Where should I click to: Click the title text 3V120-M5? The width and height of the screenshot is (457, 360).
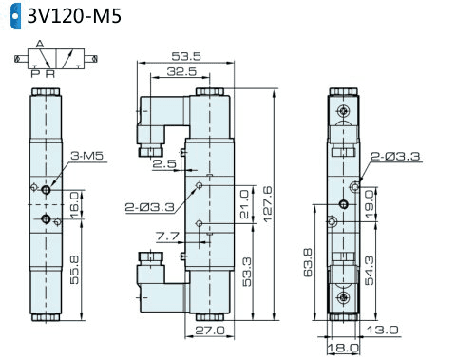tap(74, 16)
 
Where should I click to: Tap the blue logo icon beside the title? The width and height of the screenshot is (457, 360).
tap(15, 16)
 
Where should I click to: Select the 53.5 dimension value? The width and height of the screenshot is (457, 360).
tap(186, 56)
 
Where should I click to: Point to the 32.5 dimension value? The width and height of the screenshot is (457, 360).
tap(181, 71)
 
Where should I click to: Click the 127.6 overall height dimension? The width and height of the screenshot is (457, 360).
tap(268, 204)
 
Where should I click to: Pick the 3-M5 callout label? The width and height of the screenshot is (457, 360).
tap(87, 156)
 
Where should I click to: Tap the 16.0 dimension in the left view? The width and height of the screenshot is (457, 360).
tap(74, 205)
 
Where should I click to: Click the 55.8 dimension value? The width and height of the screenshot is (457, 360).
tap(74, 270)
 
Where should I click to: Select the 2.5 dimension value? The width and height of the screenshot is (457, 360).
tap(164, 163)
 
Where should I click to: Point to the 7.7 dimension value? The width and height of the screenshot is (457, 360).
tap(167, 236)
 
